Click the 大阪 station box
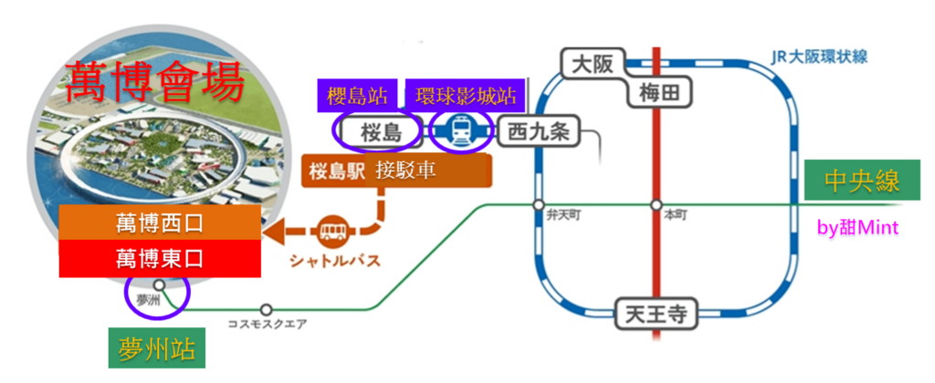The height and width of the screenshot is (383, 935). tap(593, 64)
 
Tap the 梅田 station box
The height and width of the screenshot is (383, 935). tap(659, 92)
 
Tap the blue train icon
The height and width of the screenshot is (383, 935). tap(461, 131)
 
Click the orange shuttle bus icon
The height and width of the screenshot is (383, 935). tap(332, 230)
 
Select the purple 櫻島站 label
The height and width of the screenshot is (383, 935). tap(357, 96)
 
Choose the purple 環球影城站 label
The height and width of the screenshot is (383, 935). tap(465, 96)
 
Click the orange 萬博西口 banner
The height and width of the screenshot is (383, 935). tap(160, 223)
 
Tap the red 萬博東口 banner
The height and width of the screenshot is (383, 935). tap(160, 258)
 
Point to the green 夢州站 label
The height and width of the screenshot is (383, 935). tap(157, 347)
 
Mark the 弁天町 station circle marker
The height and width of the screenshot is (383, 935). tap(539, 204)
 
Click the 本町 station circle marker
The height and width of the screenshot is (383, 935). tap(656, 204)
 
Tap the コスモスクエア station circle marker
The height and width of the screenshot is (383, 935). tap(267, 310)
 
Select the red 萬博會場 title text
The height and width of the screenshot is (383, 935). tap(155, 82)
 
